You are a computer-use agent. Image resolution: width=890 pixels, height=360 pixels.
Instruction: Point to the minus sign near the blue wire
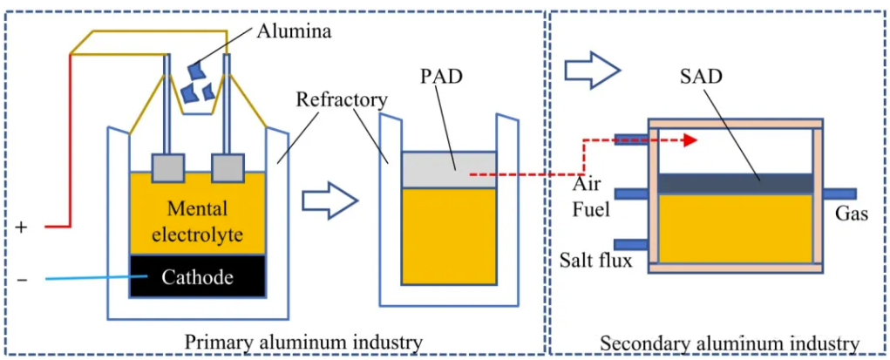pyautogui.click(x=22, y=279)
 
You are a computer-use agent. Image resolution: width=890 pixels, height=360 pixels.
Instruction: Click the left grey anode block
pyautogui.click(x=167, y=167)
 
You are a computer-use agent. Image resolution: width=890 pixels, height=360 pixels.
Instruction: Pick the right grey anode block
pyautogui.click(x=227, y=167)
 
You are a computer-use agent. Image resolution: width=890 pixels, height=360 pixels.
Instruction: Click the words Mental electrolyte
pyautogui.click(x=197, y=221)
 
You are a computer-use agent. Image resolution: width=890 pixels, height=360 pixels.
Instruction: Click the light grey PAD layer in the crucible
pyautogui.click(x=449, y=169)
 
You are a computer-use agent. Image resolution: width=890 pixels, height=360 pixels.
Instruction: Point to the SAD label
pyautogui.click(x=700, y=74)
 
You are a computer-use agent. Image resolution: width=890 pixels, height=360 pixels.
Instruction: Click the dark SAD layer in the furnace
pyautogui.click(x=735, y=183)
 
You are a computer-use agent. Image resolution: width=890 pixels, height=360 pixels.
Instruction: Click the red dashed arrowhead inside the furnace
pyautogui.click(x=691, y=139)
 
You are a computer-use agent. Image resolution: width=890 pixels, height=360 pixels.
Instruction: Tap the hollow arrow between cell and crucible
pyautogui.click(x=330, y=201)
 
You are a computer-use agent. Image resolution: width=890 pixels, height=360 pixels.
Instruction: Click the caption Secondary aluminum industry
pyautogui.click(x=729, y=344)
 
